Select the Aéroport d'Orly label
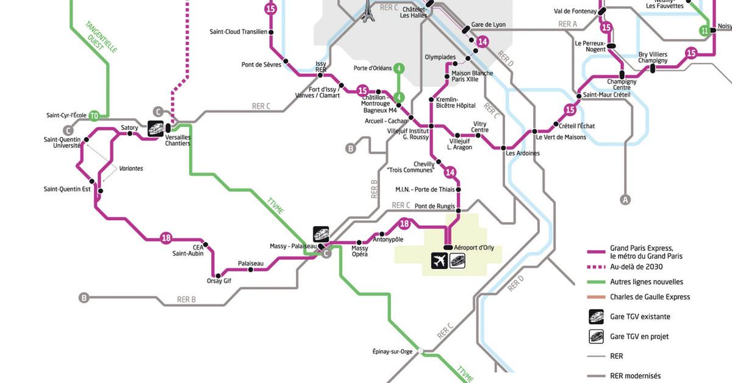coord(474,247)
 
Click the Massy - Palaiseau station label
coord(293,246)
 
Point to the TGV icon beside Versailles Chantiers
coord(156,128)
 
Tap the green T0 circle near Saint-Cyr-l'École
coord(93,115)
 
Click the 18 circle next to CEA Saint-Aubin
coord(166,238)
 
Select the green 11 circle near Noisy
coord(705,30)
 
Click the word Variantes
coord(131,168)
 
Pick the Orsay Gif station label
coord(219,281)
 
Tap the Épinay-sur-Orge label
coord(392,351)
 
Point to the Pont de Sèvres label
coord(260,64)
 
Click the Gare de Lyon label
coord(488,25)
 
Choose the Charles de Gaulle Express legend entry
coord(650,297)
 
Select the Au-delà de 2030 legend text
coord(636,267)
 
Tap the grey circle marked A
coord(624,199)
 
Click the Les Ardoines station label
coord(523,153)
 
